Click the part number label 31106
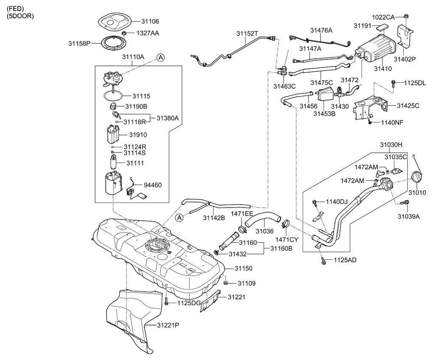(x=150, y=21)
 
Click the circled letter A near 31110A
(x=160, y=57)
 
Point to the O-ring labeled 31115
(x=115, y=96)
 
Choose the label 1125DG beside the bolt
(x=189, y=303)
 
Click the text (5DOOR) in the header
(x=20, y=16)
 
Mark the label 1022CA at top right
(x=383, y=17)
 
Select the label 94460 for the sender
(x=153, y=185)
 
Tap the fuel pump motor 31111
(x=114, y=163)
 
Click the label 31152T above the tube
(x=248, y=33)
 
